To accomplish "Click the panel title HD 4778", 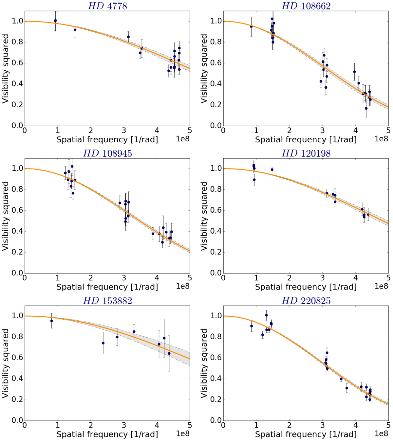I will pyautogui.click(x=107, y=6).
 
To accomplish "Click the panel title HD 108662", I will pyautogui.click(x=306, y=6).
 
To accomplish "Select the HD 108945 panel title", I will pyautogui.click(x=107, y=153).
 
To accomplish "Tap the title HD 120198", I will pyautogui.click(x=306, y=153).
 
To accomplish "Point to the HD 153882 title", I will pyautogui.click(x=107, y=301).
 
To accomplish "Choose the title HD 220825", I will pyautogui.click(x=306, y=301).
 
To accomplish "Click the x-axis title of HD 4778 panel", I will pyautogui.click(x=107, y=140).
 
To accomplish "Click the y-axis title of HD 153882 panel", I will pyautogui.click(x=6, y=363).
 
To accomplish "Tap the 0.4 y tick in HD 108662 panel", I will pyautogui.click(x=213, y=84).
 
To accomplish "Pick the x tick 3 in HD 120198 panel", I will pyautogui.click(x=323, y=278).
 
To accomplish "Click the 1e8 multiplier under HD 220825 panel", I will pyautogui.click(x=381, y=433).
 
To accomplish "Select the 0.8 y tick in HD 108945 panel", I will pyautogui.click(x=14, y=189).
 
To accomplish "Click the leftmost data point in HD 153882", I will pyautogui.click(x=51, y=321).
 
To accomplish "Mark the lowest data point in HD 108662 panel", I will pyautogui.click(x=366, y=108).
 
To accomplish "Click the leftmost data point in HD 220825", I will pyautogui.click(x=252, y=326).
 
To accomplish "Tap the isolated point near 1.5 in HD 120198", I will pyautogui.click(x=272, y=169).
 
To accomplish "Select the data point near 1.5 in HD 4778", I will pyautogui.click(x=75, y=30).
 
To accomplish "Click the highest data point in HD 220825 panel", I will pyautogui.click(x=266, y=315).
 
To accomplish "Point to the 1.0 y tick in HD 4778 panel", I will pyautogui.click(x=14, y=21).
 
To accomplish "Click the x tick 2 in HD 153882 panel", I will pyautogui.click(x=91, y=425).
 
